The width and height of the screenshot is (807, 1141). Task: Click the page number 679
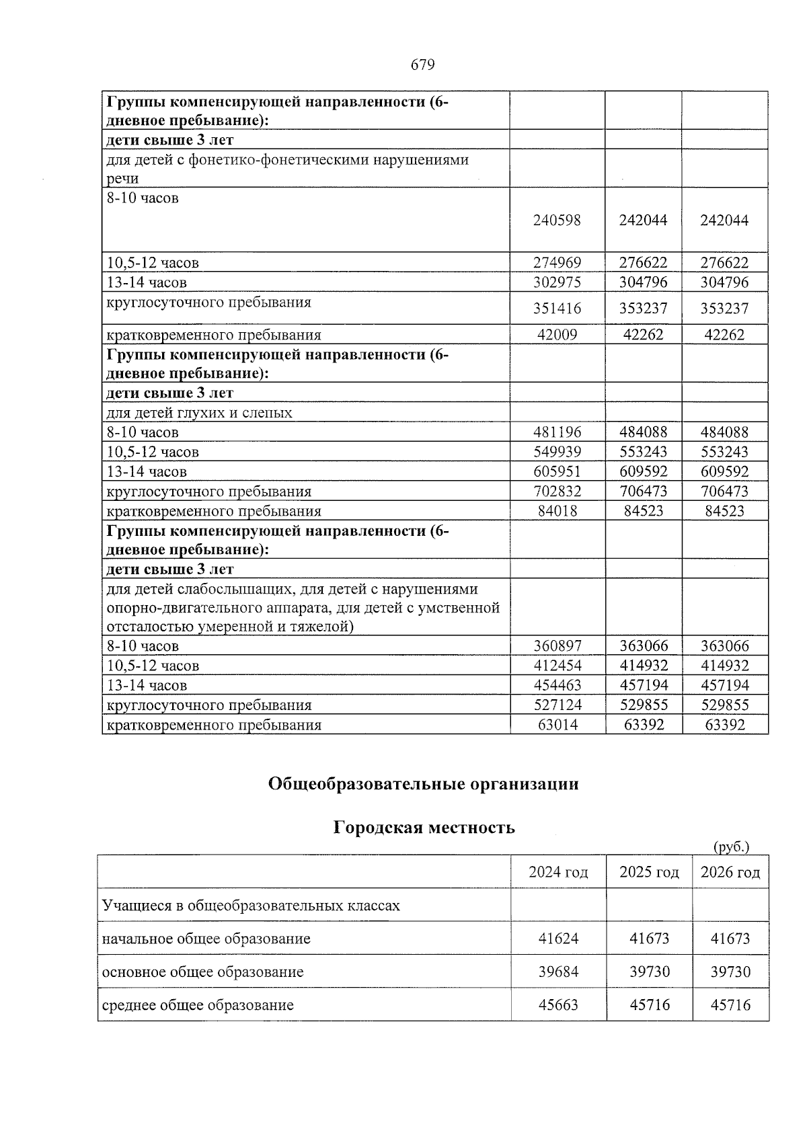coord(422,65)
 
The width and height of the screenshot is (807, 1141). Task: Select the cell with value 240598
coord(557,221)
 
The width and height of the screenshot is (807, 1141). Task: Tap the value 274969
coord(557,263)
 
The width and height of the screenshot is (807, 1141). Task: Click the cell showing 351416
coord(557,309)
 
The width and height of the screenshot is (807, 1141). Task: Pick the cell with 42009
coord(557,335)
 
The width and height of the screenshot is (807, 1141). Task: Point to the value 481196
coord(557,432)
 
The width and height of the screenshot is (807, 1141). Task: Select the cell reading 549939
coord(557,452)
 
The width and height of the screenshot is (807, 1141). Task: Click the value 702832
coord(557,491)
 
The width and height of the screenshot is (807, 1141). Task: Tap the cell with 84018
coord(557,511)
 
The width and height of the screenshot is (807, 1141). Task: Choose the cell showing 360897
coord(557,646)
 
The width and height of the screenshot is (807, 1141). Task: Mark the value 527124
coord(557,705)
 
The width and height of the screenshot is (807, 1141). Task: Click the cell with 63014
coord(557,725)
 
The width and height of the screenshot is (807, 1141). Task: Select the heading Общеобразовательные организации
coord(423,784)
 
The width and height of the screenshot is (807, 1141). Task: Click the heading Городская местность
coord(424,828)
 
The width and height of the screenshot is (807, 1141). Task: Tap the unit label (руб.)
coord(730,847)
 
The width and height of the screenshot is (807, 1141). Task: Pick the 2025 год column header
coord(649,872)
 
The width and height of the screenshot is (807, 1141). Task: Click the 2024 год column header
coord(558,872)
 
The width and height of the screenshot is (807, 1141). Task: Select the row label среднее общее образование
coord(198,1005)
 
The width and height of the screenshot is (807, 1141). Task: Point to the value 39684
coord(558,972)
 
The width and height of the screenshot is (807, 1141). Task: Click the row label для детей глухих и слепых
coord(200,413)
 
